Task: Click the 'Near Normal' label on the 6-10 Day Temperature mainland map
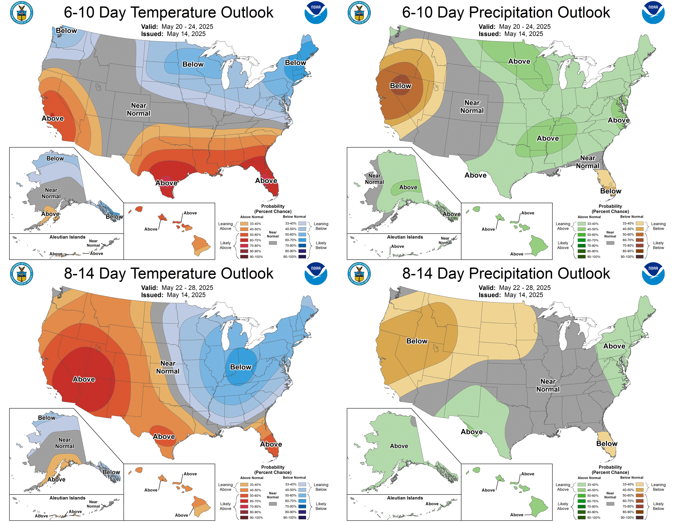coord(138,109)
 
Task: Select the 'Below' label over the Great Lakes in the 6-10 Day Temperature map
coord(193,64)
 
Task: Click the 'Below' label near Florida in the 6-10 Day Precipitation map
coord(610,191)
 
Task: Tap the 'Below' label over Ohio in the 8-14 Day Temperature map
coord(241,367)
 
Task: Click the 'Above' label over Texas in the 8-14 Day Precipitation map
coord(472,432)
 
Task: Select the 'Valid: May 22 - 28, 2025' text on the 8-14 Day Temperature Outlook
coord(177,288)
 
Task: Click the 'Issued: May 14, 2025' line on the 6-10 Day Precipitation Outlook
coord(511,34)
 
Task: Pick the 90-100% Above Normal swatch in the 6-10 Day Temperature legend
coord(244,257)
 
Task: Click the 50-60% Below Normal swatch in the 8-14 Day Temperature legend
coord(302,495)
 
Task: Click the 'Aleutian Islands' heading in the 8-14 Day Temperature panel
coord(67,498)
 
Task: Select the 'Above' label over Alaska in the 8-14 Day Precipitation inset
coord(399,446)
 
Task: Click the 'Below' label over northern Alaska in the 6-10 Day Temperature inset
coord(55,158)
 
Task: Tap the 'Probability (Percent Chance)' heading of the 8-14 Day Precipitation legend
coord(610,470)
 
